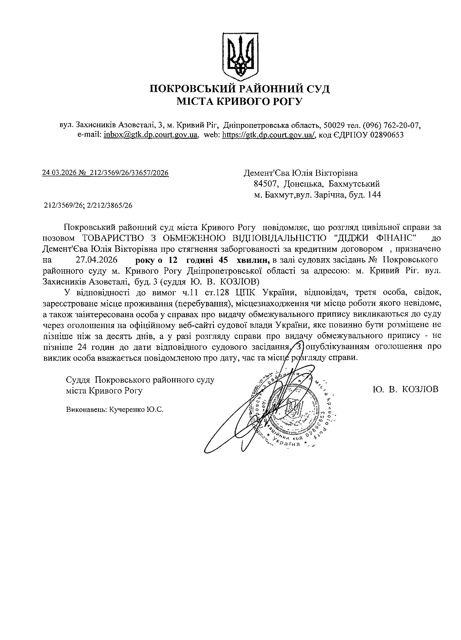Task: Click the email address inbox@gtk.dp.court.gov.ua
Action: tap(150, 134)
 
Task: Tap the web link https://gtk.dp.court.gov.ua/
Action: tap(268, 134)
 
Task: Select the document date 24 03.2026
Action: tap(59, 173)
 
